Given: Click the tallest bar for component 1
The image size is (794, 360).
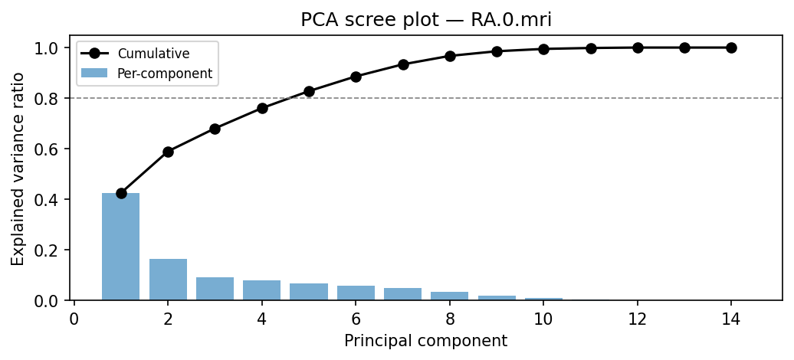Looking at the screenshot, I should (121, 247).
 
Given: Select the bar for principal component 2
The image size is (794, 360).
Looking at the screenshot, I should (168, 280).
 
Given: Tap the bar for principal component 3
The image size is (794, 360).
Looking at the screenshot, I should (215, 289).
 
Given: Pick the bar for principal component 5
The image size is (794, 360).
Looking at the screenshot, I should (309, 292).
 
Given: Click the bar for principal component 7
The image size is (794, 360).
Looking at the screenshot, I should (402, 294).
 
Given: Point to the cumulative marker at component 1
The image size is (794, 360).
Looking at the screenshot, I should (121, 193).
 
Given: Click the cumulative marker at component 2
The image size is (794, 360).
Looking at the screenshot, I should (168, 152).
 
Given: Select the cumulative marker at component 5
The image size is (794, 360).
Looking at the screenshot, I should (309, 91).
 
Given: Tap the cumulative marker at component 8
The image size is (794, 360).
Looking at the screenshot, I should (450, 56).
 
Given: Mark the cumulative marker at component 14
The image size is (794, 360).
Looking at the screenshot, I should (731, 47).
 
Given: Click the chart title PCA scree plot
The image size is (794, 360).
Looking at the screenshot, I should (426, 19).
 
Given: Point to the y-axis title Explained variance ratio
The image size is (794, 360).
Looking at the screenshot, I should (18, 169).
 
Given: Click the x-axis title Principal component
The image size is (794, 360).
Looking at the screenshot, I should (425, 341).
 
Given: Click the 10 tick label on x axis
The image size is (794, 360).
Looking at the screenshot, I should (543, 319).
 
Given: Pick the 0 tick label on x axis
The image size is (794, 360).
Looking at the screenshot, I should (74, 319).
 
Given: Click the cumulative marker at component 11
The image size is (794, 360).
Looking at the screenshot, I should (591, 48).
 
